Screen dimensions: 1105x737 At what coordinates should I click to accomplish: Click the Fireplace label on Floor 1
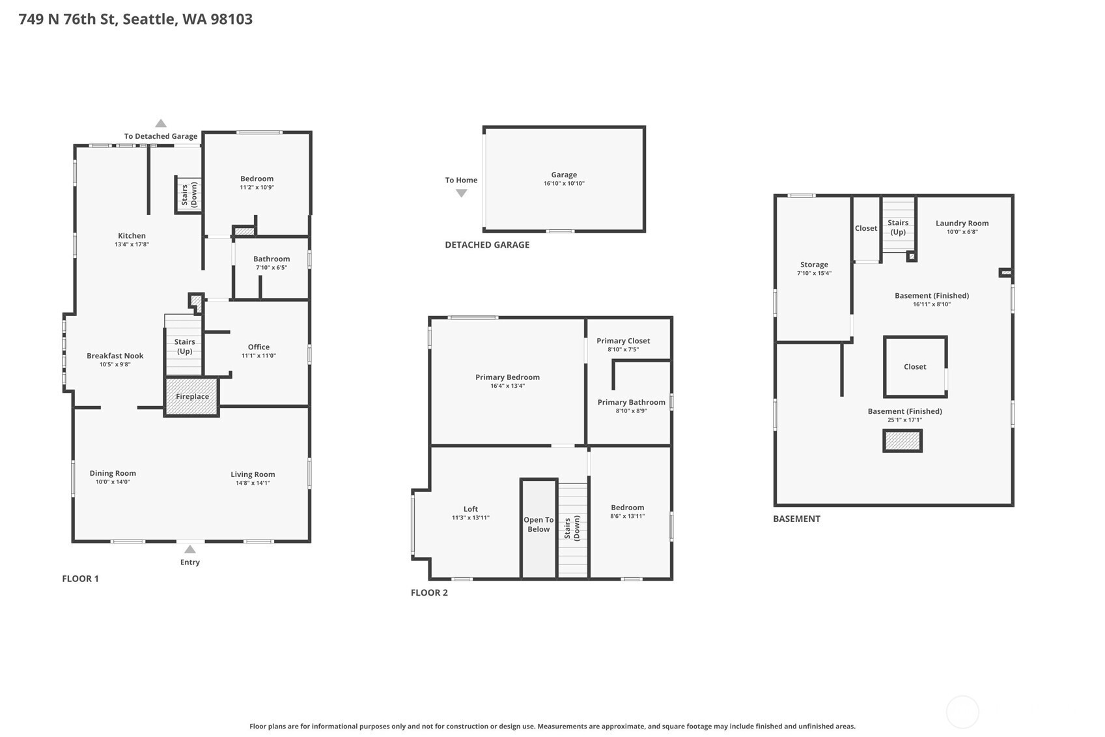192,396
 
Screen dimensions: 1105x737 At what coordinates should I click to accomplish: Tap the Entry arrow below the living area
190,549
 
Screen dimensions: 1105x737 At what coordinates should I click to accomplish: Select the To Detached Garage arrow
161,123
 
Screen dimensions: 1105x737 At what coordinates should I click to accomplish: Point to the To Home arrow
461,194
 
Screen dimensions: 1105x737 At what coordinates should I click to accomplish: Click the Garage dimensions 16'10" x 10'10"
564,184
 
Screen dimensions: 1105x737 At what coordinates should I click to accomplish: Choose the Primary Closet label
623,341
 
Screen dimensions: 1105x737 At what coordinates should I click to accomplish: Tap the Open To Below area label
539,525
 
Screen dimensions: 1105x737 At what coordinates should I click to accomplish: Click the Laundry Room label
962,223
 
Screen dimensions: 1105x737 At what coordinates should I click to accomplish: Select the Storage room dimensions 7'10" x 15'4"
814,274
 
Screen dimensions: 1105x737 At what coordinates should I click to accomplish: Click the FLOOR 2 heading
429,592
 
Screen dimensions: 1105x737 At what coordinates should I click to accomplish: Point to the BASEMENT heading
796,519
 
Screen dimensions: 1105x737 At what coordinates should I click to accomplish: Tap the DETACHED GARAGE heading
487,245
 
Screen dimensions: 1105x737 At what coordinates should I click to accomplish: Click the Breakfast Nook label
115,356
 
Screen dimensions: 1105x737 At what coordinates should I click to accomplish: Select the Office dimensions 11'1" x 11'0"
259,356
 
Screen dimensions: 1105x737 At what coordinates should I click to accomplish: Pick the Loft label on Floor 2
471,509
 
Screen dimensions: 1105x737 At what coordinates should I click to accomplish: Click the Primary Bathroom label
632,402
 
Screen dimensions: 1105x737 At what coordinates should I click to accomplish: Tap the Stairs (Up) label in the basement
898,227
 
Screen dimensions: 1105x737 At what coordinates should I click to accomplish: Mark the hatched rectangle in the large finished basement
902,441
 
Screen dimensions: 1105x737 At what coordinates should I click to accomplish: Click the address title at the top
135,20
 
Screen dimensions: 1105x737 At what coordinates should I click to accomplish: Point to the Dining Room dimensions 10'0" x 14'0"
113,482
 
